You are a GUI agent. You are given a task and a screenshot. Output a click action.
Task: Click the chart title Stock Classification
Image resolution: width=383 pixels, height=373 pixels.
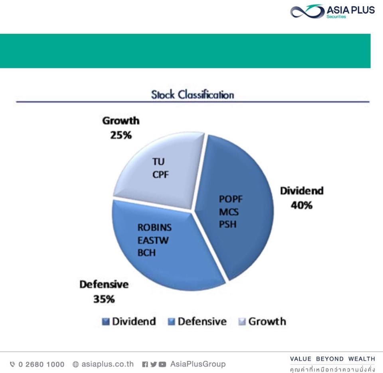[x=192, y=95]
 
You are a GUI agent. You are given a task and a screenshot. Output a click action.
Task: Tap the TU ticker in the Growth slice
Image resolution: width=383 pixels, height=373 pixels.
[x=158, y=161]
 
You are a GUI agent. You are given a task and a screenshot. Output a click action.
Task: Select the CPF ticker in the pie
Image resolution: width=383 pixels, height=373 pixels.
[x=160, y=175]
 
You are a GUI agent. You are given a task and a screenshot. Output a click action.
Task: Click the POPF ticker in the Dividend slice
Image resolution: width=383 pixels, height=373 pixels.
[x=231, y=199]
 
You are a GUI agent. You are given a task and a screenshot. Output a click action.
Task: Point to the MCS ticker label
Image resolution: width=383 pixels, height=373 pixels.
[x=229, y=212]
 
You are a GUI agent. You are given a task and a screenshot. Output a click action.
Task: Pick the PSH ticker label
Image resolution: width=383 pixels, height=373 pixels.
[x=228, y=224]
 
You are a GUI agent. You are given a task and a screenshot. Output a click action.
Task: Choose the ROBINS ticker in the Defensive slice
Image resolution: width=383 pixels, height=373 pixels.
[x=155, y=228]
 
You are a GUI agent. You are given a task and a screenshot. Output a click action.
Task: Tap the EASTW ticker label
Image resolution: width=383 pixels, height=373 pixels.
[x=153, y=240]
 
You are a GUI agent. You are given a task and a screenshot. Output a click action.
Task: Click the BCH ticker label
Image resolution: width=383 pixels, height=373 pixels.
[x=146, y=253]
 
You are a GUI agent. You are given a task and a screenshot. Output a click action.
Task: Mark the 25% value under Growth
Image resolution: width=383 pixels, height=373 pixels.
[x=121, y=135]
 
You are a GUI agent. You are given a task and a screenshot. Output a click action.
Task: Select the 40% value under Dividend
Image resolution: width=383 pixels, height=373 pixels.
[x=302, y=205]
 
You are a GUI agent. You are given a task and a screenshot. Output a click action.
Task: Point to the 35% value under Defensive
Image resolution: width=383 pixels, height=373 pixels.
[x=104, y=299]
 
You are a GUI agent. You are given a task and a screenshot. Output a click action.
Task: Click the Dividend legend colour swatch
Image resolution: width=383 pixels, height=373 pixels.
[x=105, y=322]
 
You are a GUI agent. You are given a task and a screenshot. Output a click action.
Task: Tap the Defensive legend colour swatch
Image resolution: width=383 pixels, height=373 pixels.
[x=172, y=322]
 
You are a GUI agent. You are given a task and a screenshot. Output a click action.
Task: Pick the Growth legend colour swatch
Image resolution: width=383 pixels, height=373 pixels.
[x=242, y=322]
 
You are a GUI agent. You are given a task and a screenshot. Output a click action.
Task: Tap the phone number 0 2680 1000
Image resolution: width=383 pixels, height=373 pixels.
[x=41, y=365]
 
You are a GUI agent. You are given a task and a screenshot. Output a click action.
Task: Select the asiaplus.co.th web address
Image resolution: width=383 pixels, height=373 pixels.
[x=107, y=364]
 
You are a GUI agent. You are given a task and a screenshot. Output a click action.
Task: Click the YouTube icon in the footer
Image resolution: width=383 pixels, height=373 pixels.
[x=162, y=365]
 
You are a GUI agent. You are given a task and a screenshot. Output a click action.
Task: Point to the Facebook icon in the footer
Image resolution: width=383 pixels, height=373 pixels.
[x=145, y=365]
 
